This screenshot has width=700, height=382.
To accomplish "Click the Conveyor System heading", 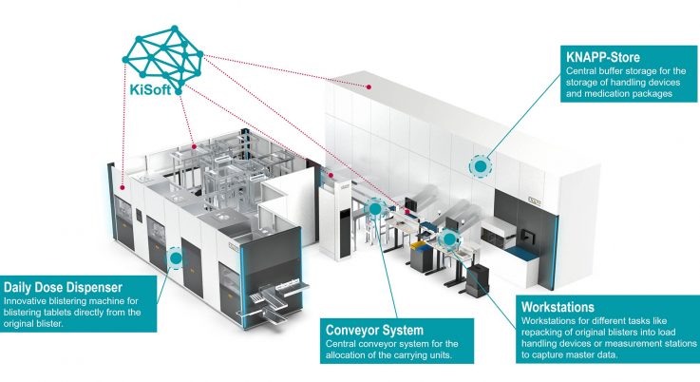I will (x=374, y=330).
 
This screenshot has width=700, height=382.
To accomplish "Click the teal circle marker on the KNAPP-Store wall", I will (x=481, y=166).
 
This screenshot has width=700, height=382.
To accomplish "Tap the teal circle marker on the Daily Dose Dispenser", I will (x=176, y=257).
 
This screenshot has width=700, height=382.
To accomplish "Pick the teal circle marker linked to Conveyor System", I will (x=377, y=207).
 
